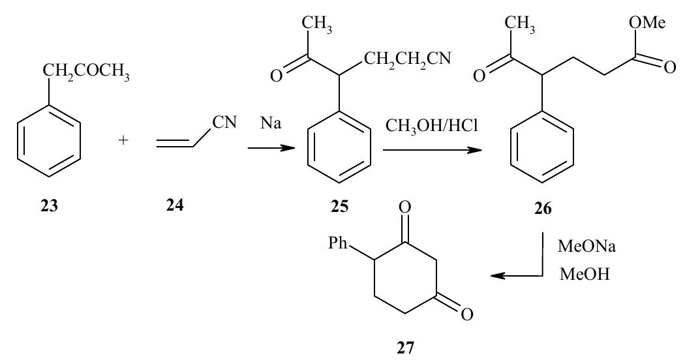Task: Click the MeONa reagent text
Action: coord(581,250)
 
